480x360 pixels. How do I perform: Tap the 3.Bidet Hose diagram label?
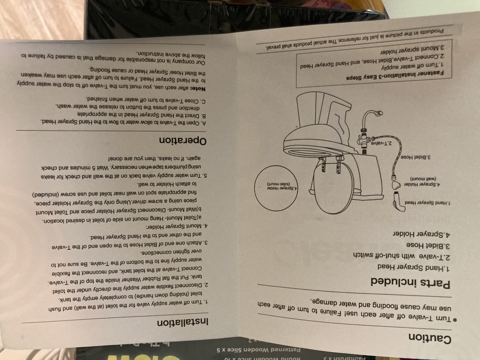[415, 157]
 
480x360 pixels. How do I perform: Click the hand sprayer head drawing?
[398, 202]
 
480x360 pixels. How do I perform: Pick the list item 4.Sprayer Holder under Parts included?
[421, 234]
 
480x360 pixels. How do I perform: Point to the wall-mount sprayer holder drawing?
[396, 185]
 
